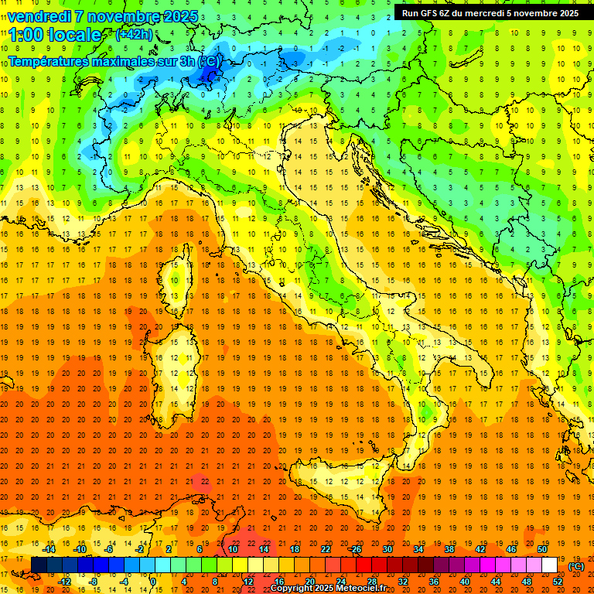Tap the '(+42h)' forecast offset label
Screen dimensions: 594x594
134,34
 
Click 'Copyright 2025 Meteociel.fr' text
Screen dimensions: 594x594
333,589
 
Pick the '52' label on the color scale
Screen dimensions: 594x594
558,581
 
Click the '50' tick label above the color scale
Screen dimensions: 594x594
542,549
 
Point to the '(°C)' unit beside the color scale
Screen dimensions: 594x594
576,565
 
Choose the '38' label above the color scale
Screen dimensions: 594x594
449,549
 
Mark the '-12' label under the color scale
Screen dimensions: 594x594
64,581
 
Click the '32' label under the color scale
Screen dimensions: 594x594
403,581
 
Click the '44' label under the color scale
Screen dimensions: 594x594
496,581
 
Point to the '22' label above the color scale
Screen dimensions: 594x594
326,549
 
